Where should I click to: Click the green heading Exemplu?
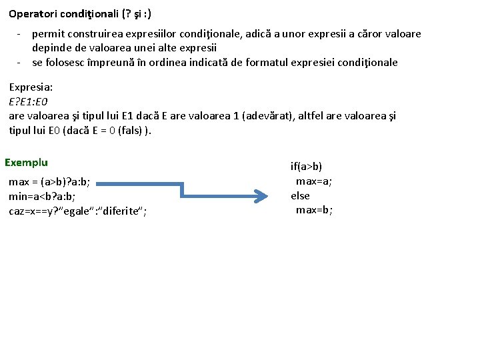pyautogui.click(x=26, y=162)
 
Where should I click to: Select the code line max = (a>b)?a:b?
pyautogui.click(x=49, y=181)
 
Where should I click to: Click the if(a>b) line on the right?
pyautogui.click(x=306, y=167)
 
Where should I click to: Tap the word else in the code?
pyautogui.click(x=300, y=195)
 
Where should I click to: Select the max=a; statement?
pyautogui.click(x=314, y=181)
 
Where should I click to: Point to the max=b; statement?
pyautogui.click(x=314, y=210)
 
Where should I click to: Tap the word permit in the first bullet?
pyautogui.click(x=47, y=33)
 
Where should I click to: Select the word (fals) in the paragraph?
pyautogui.click(x=132, y=131)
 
